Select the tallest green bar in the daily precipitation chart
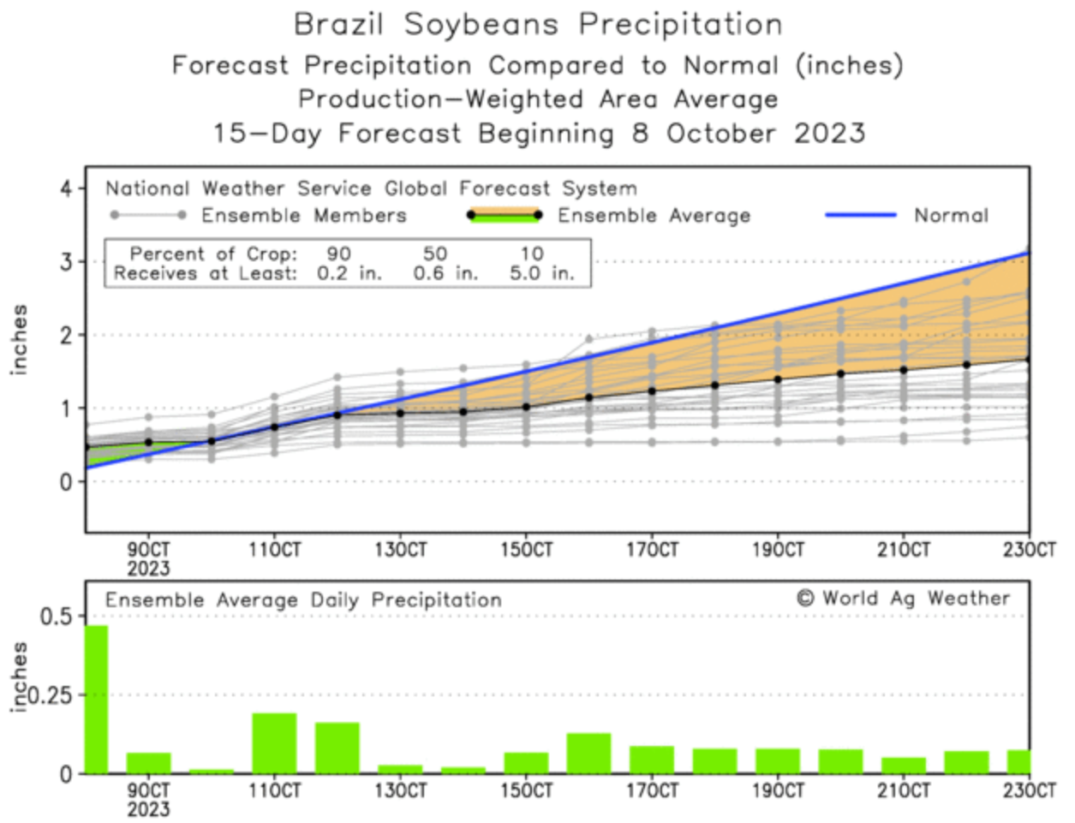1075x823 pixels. click(96, 700)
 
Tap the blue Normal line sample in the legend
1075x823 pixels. click(860, 215)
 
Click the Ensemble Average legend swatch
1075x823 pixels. click(505, 215)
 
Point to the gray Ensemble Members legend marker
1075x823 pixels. click(146, 215)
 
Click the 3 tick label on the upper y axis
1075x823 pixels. click(66, 262)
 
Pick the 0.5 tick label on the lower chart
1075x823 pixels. click(57, 616)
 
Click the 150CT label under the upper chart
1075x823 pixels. click(526, 550)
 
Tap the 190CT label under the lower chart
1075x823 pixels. click(778, 790)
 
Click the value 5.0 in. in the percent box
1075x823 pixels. click(541, 274)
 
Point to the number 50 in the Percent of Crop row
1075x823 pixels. click(435, 254)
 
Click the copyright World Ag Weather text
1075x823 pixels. click(903, 599)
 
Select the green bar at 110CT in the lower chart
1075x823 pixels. click(274, 743)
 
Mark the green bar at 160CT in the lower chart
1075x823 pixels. click(588, 754)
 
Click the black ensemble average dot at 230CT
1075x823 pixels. click(1028, 360)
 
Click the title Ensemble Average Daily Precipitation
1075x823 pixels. click(303, 600)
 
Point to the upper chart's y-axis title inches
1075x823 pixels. click(20, 339)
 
